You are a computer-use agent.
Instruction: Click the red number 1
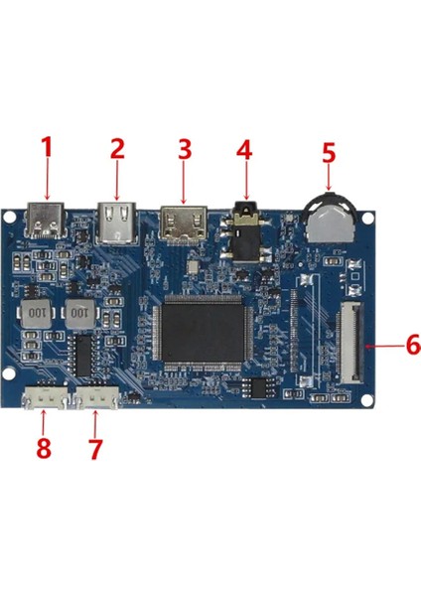point(45,149)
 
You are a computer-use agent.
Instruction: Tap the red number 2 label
point(117,149)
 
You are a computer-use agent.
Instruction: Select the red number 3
point(184,149)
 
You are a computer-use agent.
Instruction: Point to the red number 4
point(244,149)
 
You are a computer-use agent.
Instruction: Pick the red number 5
point(330,154)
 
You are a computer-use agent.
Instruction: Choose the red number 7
point(95,448)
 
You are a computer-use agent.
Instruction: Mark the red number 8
point(43,448)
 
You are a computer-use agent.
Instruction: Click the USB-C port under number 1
point(46,223)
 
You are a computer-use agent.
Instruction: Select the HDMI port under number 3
point(183,223)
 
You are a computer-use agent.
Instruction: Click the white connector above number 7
point(99,398)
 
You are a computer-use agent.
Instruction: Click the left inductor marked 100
point(35,314)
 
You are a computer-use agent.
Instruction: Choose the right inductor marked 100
point(81,314)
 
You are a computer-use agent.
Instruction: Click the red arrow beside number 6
point(384,346)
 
